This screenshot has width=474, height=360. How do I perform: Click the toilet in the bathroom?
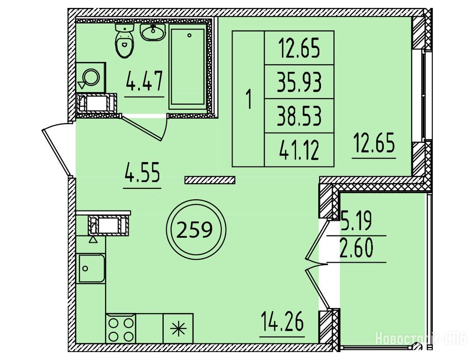click(124, 41)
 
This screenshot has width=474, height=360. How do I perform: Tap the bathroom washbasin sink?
click(153, 32)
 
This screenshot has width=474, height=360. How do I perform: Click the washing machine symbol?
click(90, 77)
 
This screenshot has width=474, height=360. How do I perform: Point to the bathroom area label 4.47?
click(144, 81)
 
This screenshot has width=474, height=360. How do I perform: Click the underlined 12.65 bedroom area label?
click(374, 143)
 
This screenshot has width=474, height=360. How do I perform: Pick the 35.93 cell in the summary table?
click(299, 82)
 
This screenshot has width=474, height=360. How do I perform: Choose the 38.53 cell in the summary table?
click(299, 116)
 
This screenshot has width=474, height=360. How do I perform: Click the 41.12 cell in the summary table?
click(299, 150)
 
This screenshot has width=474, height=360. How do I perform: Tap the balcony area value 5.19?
click(356, 221)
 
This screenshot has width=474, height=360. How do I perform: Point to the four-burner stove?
click(121, 329)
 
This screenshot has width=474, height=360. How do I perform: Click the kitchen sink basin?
click(92, 269)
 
